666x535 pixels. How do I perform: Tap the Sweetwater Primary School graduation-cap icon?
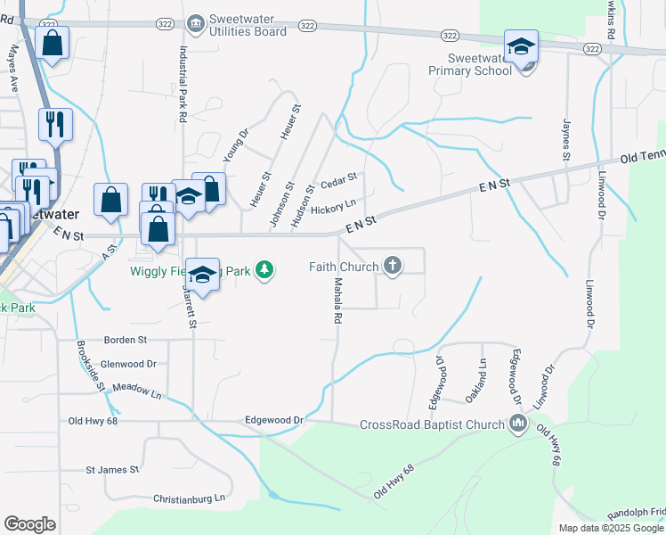click(521, 46)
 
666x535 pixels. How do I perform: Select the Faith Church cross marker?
click(393, 265)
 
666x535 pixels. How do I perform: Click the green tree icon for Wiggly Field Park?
click(264, 268)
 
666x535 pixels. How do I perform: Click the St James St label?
click(112, 469)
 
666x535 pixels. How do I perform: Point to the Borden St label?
click(126, 340)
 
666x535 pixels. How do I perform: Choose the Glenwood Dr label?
click(128, 364)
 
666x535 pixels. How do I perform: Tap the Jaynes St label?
click(564, 140)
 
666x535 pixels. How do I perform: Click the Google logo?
click(29, 523)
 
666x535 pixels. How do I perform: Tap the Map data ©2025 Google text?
click(612, 528)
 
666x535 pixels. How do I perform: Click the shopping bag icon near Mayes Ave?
click(53, 44)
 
